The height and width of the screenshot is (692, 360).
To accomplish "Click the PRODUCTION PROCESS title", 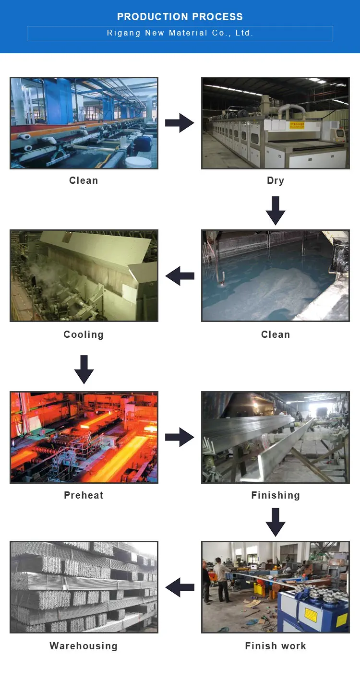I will click(180, 17).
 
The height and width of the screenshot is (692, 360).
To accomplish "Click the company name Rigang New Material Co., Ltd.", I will click(180, 33).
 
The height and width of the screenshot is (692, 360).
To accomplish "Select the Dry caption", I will click(276, 180).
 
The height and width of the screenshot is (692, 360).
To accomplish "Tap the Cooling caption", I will click(84, 334).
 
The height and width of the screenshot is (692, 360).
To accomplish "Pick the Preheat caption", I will click(84, 495).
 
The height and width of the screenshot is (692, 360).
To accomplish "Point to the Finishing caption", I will click(276, 495).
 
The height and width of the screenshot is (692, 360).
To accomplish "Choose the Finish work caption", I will click(276, 646).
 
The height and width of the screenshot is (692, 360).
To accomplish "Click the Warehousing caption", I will click(84, 646).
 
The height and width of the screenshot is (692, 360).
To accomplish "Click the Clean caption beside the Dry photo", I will click(84, 180).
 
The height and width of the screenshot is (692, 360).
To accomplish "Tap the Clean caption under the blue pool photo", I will click(276, 334).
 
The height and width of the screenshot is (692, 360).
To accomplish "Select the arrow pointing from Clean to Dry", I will click(180, 123).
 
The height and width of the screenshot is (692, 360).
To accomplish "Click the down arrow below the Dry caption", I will click(276, 210).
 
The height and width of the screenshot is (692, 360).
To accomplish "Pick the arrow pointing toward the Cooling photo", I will click(180, 276).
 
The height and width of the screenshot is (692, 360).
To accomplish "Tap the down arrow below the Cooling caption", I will click(84, 369).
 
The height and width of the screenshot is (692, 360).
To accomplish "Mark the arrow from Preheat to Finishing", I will click(180, 437).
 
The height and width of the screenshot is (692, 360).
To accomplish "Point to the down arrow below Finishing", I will click(276, 522).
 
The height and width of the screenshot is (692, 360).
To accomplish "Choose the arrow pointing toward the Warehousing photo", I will click(180, 587).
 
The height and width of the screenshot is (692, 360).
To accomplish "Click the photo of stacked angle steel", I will click(84, 587).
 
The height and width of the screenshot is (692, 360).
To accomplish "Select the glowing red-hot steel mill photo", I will click(84, 437).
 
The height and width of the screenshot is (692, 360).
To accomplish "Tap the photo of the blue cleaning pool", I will click(276, 276).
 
